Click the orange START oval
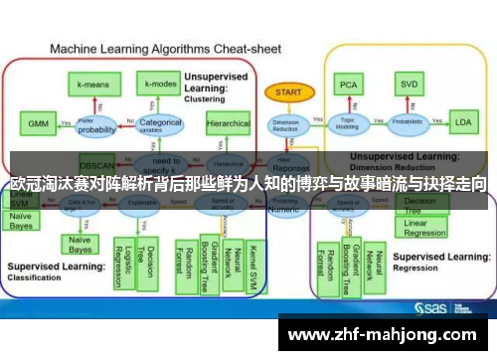288,91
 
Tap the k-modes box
159,85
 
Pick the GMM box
38,124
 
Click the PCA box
348,85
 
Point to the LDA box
462,123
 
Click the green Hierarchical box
228,125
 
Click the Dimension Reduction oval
286,124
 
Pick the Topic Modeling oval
347,123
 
